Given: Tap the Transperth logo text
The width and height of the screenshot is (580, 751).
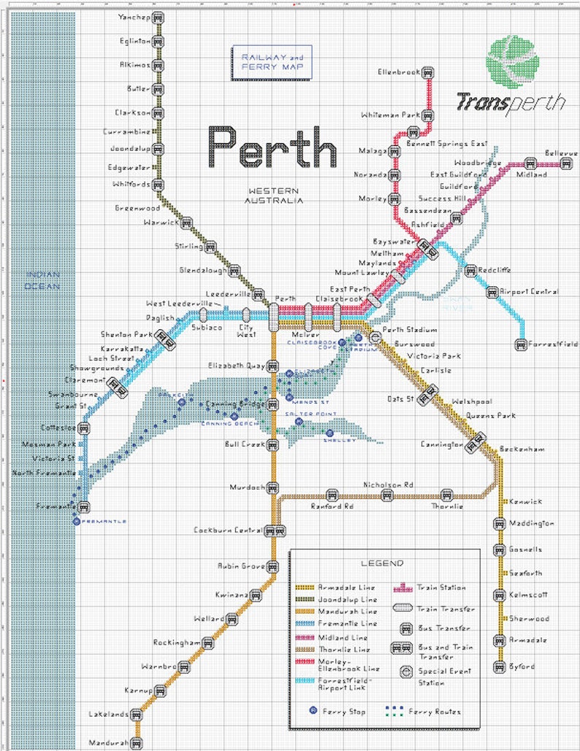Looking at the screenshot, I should pyautogui.click(x=510, y=102).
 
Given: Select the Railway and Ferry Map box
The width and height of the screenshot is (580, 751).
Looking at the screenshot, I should pyautogui.click(x=271, y=62).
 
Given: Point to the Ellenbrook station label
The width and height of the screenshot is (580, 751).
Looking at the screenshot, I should pyautogui.click(x=400, y=72).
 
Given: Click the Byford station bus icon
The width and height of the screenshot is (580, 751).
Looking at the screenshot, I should pyautogui.click(x=500, y=666).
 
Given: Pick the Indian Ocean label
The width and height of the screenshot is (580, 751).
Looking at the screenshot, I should pyautogui.click(x=43, y=280).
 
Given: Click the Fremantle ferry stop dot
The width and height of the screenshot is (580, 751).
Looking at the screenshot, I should pyautogui.click(x=76, y=521).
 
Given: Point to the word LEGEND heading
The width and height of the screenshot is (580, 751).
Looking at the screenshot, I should pyautogui.click(x=381, y=563).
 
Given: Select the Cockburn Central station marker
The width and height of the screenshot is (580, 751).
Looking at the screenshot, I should pyautogui.click(x=273, y=531).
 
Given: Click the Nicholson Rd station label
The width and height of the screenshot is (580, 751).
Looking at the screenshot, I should pyautogui.click(x=389, y=485).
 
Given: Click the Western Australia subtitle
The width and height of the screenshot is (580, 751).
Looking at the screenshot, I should pyautogui.click(x=273, y=195).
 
